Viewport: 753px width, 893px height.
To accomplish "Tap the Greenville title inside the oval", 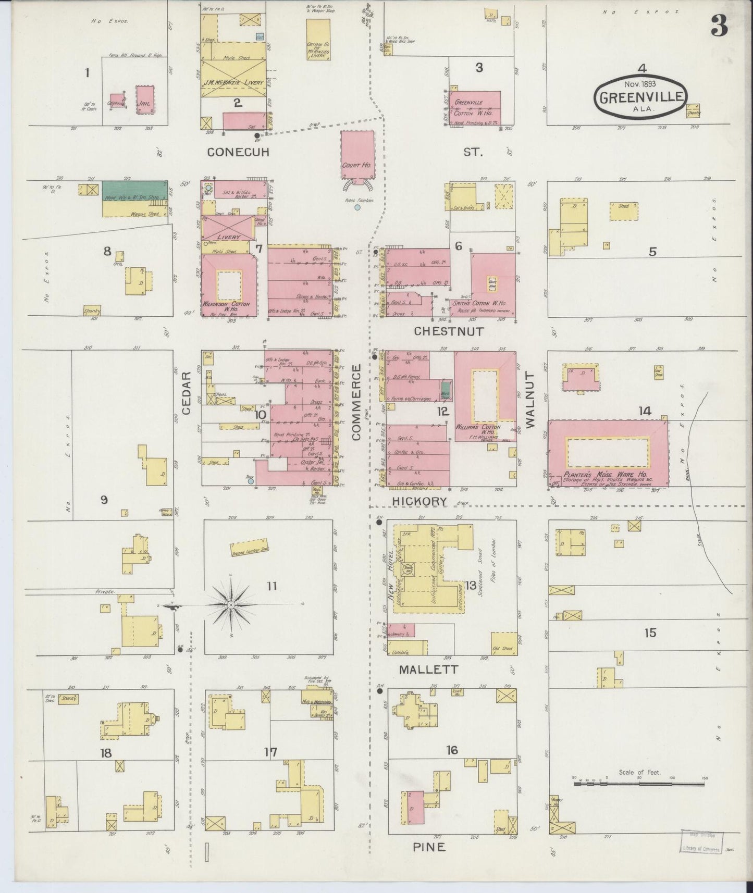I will (641, 97).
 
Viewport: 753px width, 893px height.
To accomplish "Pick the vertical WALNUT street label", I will (530, 400).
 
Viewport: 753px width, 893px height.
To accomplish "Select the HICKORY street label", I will (419, 501).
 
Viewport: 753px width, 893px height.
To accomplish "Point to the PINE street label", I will (429, 848).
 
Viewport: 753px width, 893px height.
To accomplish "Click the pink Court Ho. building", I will (357, 155).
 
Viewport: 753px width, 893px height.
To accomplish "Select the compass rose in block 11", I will (232, 605).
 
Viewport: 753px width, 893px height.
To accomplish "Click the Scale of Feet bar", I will (640, 783).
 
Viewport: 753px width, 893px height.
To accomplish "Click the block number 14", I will (645, 411).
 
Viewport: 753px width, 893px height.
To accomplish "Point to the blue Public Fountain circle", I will (357, 207).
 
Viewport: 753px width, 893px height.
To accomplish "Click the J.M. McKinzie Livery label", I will (232, 81).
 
